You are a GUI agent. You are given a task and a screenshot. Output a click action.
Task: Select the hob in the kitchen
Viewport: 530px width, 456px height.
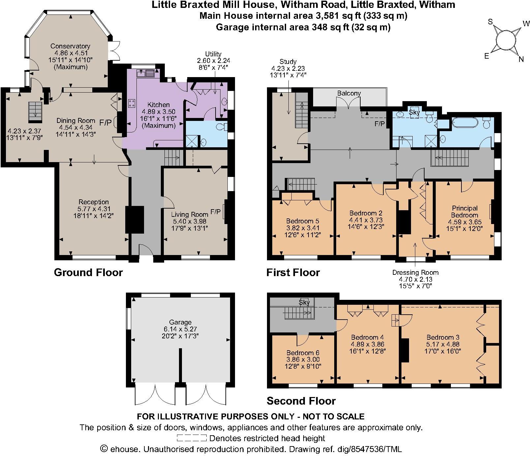point(132,103)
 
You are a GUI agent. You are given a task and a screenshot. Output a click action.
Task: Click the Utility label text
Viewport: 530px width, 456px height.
point(213,54)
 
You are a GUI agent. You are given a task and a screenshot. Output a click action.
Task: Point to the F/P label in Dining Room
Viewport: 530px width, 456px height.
point(105,123)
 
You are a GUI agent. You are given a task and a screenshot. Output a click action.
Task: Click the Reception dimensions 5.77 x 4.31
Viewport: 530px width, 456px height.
point(94,209)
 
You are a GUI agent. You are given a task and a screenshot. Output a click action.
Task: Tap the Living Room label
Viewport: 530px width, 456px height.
point(190,214)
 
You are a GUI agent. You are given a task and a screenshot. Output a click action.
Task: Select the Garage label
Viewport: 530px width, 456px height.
point(180,322)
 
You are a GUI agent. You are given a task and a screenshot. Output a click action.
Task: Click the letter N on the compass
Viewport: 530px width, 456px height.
point(521,59)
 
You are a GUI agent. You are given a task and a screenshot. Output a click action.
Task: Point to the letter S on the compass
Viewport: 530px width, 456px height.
point(490,22)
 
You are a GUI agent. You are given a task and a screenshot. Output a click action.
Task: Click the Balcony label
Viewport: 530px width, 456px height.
point(349,93)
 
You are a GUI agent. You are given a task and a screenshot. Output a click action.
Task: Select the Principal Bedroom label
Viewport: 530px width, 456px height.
point(464,212)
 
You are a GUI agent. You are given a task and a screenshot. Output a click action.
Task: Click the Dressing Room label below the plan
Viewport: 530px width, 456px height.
point(415,272)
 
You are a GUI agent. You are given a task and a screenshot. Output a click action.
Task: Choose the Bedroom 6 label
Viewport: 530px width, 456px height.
point(303,353)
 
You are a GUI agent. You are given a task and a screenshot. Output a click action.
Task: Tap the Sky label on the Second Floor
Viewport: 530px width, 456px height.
point(304,302)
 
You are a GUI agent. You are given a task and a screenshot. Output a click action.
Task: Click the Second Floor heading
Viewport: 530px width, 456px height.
point(301,401)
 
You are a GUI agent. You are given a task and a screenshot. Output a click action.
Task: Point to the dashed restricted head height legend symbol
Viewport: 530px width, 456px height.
point(191,438)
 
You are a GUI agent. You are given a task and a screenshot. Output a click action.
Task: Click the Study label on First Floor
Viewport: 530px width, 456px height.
point(288,62)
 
